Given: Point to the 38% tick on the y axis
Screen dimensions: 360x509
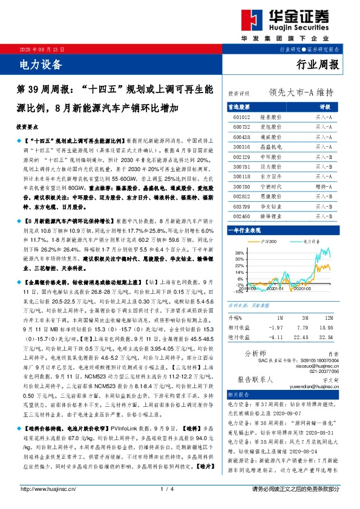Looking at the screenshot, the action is [238, 252].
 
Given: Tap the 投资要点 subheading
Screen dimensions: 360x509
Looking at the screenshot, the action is [27, 128].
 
